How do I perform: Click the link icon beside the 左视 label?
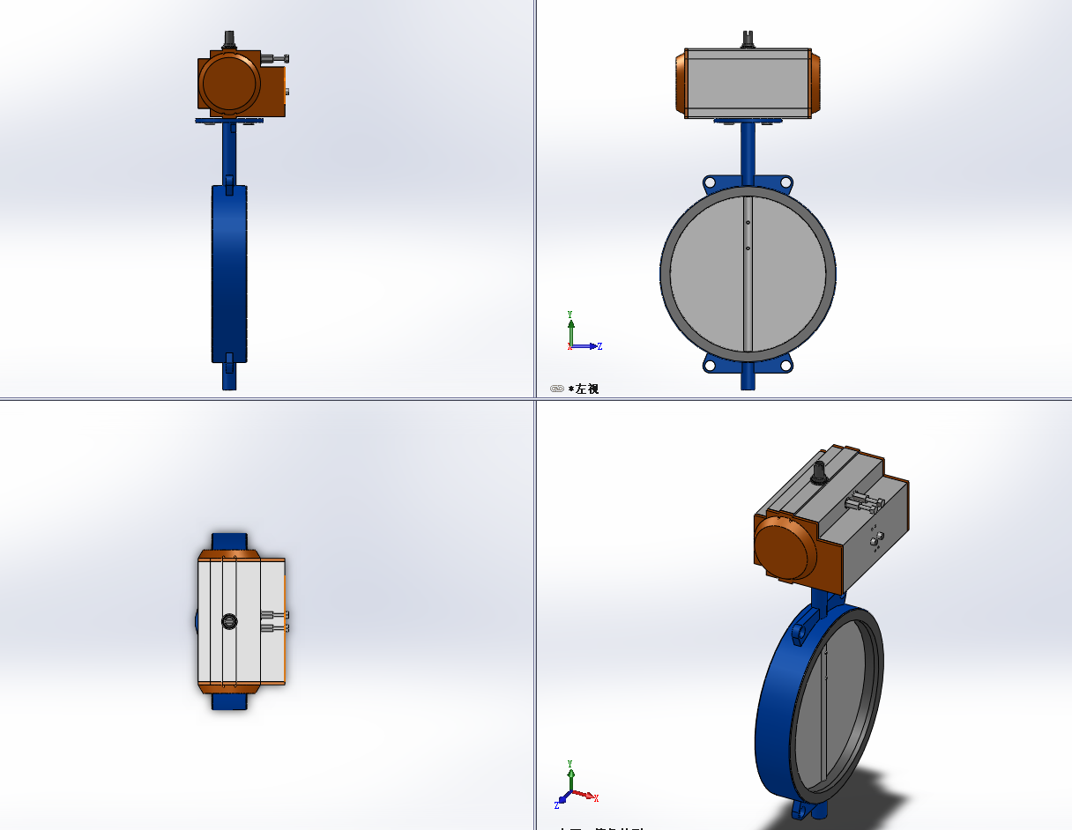pos(557,389)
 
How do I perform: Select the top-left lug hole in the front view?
pos(710,182)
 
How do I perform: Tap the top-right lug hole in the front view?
pos(785,182)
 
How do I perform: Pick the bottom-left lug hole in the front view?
pos(710,365)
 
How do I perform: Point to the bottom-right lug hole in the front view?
pos(785,365)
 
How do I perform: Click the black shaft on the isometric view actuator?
pos(820,471)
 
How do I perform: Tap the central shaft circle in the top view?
pos(229,621)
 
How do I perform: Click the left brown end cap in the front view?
pos(681,83)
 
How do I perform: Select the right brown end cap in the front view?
pos(815,83)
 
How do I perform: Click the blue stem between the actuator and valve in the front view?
pos(748,145)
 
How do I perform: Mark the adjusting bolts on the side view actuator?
pos(276,59)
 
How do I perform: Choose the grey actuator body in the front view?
pos(748,83)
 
